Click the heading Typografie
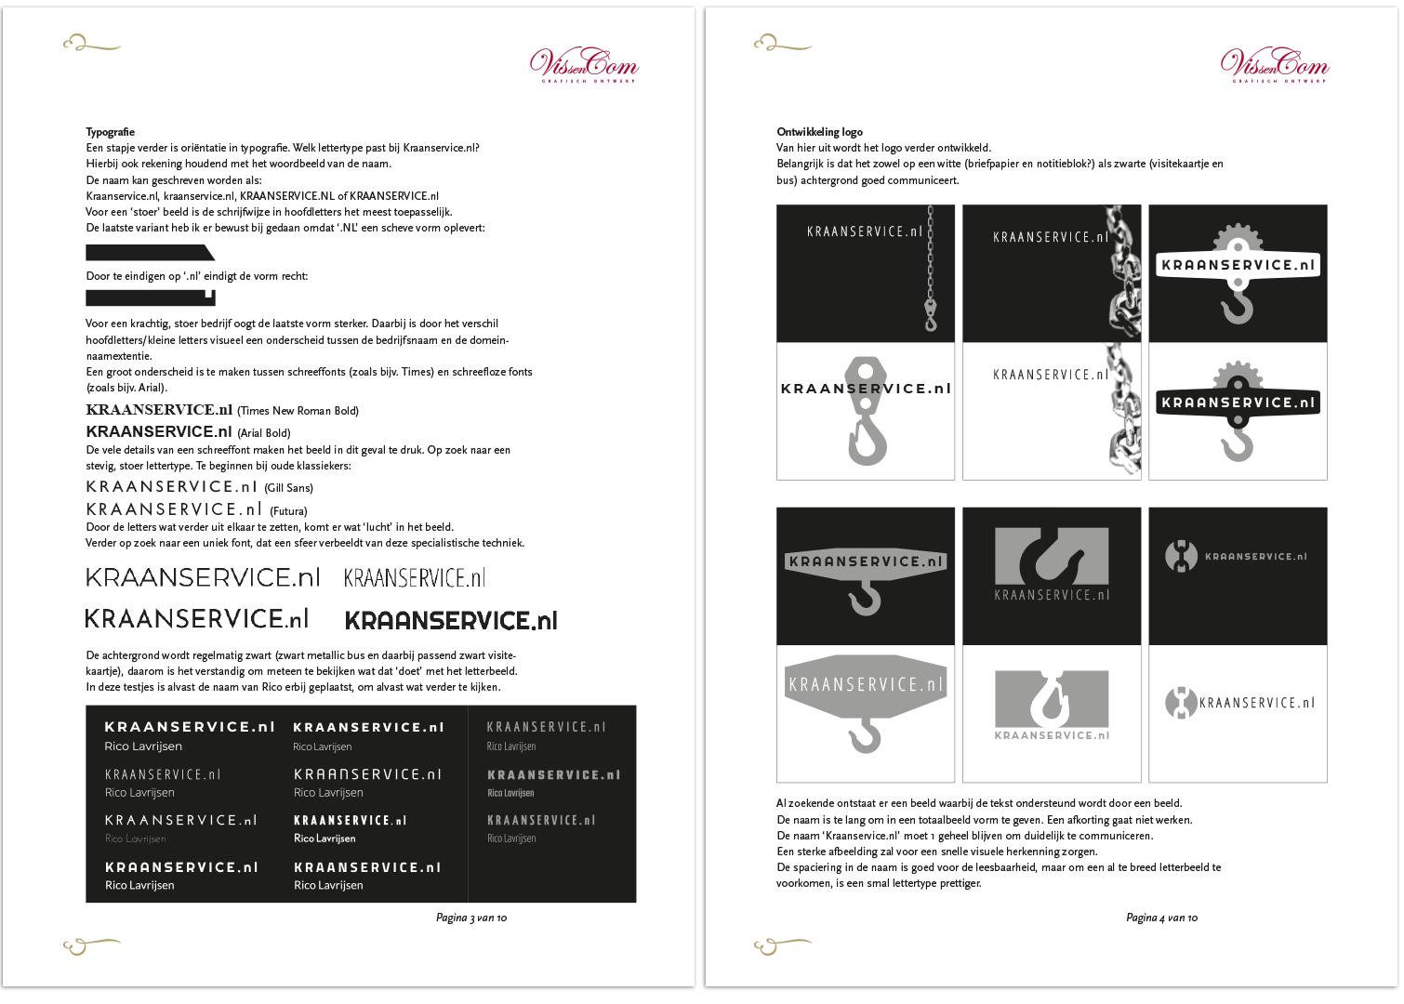[111, 132]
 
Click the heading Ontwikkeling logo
[819, 132]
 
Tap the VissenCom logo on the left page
[584, 64]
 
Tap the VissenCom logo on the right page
[1275, 64]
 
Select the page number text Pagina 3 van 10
[471, 918]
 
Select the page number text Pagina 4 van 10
[1161, 918]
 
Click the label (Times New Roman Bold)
[298, 411]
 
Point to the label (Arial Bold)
[264, 433]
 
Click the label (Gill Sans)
[288, 488]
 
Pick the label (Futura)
[288, 511]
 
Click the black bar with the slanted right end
[149, 253]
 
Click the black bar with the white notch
[150, 297]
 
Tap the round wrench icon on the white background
[1181, 703]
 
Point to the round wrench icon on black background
[1181, 556]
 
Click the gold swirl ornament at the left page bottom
[91, 945]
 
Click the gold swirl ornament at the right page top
[782, 43]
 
